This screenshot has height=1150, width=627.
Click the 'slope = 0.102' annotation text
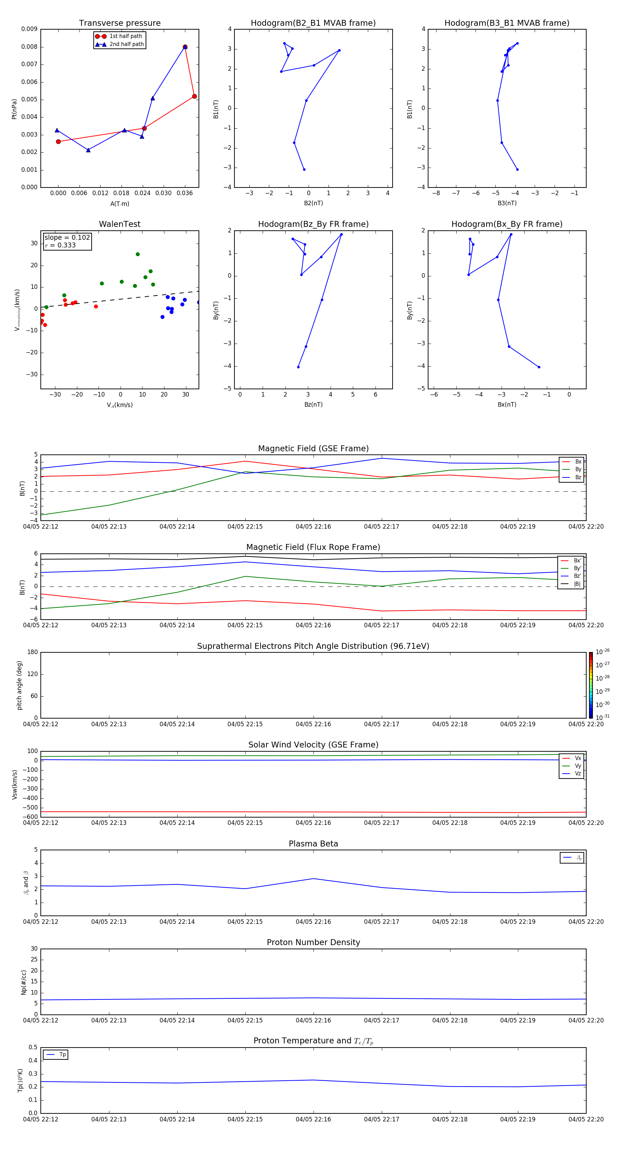point(67,238)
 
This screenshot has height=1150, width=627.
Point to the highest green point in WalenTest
point(138,254)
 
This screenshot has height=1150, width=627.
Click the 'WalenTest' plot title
point(119,224)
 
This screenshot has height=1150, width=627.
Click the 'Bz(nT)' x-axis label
point(313,405)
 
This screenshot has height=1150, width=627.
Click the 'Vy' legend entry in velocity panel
point(578,766)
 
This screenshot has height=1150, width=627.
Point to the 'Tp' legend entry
point(62,1055)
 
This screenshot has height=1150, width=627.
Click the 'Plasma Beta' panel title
point(313,844)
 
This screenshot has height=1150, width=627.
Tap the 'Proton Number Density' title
point(313,942)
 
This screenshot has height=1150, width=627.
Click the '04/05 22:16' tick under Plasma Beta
point(313,921)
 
